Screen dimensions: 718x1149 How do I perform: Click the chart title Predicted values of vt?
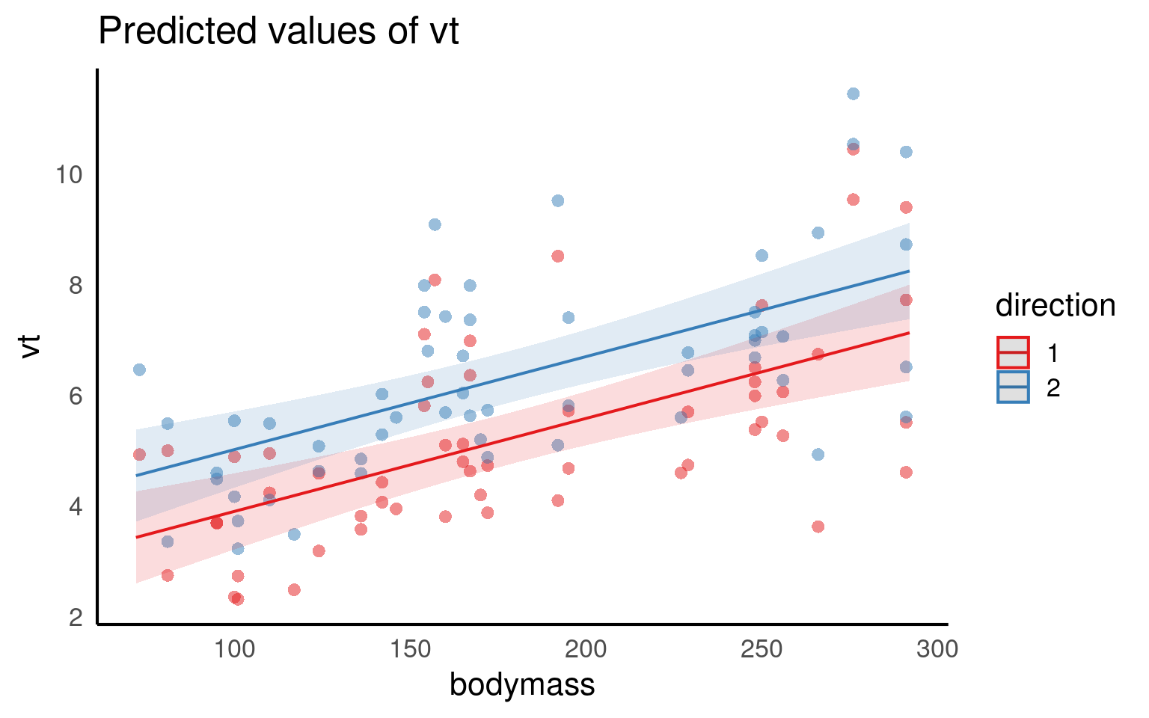click(278, 31)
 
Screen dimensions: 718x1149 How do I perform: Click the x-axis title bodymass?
click(522, 684)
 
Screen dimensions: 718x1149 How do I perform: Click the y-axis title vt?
click(31, 346)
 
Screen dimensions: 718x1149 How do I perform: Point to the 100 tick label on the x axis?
click(234, 649)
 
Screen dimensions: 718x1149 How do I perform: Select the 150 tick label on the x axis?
click(410, 649)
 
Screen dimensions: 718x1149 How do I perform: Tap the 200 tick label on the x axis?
click(586, 649)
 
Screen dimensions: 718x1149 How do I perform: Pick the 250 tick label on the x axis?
click(762, 649)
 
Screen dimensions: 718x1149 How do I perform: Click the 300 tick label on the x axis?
click(937, 649)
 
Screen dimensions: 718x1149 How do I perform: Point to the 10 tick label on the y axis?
click(69, 175)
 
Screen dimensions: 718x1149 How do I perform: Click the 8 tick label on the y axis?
click(76, 286)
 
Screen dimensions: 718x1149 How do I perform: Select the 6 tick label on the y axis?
click(76, 396)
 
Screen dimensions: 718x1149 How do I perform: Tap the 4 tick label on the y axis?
click(76, 507)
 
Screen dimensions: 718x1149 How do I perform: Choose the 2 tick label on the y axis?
click(76, 618)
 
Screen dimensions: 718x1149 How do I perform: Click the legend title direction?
click(1055, 306)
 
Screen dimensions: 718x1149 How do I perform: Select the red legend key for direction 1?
click(1013, 352)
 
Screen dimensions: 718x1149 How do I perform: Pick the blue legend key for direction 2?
click(1013, 387)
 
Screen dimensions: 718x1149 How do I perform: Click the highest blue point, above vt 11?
click(853, 93)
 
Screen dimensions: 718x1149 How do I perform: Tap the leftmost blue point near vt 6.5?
click(139, 369)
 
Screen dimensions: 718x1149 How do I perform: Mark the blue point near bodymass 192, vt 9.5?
click(557, 200)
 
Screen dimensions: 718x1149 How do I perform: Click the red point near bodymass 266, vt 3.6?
click(818, 527)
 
